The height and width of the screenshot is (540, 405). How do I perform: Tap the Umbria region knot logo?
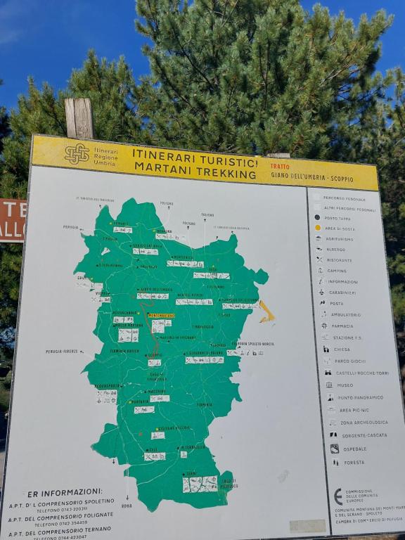coord(77,154)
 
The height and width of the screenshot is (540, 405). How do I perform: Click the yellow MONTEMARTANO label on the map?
coord(161,315)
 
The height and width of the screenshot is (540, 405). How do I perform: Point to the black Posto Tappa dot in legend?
coord(317,218)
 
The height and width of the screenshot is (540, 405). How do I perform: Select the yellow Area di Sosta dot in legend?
coord(317,228)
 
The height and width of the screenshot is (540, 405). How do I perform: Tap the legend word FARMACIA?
coord(342,326)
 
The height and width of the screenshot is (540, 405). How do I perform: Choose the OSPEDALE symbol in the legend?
coord(335,448)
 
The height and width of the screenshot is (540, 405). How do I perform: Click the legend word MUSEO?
coord(345,385)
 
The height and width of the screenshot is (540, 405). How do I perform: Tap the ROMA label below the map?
coord(126,505)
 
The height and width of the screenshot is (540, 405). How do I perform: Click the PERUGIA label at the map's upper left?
coord(70,227)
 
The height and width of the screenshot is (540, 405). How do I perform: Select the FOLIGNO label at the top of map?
coord(167,203)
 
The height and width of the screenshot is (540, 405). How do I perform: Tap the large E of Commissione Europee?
coord(338,496)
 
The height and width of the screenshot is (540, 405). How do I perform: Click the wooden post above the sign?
coord(79,118)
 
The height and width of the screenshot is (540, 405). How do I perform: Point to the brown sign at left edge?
coord(11,220)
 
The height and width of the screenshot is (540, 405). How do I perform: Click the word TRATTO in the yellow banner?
coord(280,166)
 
